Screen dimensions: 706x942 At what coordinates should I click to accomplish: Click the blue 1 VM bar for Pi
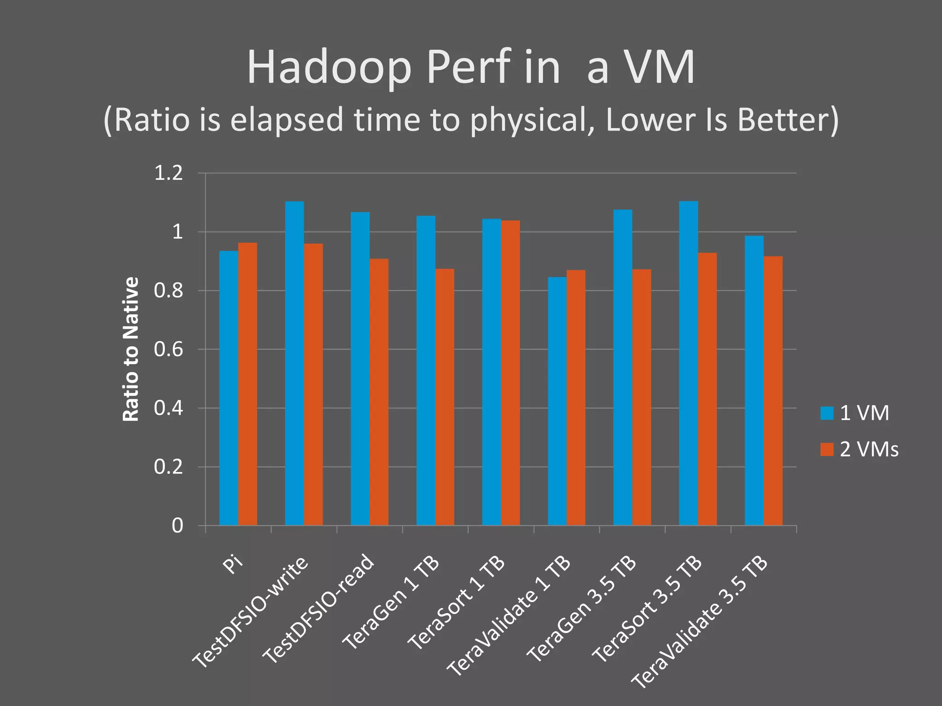(229, 388)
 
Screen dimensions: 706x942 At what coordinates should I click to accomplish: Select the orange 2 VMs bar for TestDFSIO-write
(313, 384)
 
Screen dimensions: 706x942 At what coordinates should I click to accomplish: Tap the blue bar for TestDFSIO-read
(360, 369)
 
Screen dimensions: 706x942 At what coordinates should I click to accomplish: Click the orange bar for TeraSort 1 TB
(511, 373)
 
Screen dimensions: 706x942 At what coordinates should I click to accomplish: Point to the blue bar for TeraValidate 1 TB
(557, 401)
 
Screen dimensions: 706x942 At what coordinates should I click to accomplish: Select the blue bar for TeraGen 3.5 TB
(623, 367)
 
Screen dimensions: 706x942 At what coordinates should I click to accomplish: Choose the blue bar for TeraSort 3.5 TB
(689, 363)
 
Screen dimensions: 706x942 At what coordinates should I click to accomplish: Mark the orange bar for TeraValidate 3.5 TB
(773, 391)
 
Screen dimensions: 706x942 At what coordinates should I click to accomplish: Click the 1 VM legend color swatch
(827, 413)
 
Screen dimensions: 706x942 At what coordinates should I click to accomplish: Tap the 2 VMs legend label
(869, 449)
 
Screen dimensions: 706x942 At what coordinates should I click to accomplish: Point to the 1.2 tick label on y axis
(168, 173)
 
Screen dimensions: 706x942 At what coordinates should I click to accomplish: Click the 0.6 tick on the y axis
(168, 349)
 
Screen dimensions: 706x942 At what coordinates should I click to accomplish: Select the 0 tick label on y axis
(178, 525)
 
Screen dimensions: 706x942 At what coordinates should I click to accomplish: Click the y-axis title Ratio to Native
(131, 349)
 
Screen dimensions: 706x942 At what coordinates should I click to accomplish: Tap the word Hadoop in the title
(329, 68)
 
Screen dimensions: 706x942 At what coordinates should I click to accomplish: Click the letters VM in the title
(661, 68)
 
